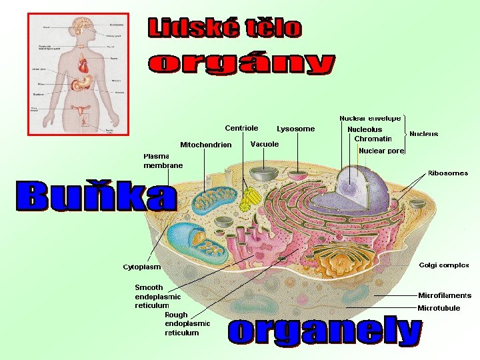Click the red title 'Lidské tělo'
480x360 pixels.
224,28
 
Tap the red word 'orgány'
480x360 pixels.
241,65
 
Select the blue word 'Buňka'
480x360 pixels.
97,196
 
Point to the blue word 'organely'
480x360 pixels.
325,332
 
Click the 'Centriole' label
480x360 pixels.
241,128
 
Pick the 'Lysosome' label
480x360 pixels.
296,129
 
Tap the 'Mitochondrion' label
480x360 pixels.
206,145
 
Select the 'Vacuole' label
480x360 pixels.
265,144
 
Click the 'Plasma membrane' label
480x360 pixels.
163,161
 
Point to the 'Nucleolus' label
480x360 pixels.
365,129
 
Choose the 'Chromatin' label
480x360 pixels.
373,139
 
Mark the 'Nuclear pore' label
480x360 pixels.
381,151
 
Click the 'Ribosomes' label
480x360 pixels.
448,173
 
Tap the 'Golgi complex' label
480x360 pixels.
444,265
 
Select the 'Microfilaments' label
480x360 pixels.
445,295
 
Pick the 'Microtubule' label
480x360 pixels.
439,308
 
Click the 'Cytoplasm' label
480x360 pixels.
142,267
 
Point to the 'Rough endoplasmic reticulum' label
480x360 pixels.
187,323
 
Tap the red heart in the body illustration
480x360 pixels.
83,66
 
